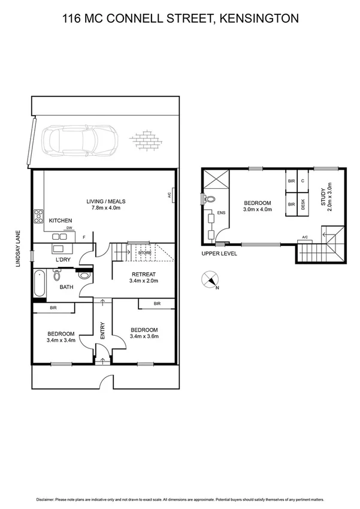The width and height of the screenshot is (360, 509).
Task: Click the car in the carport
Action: (75, 141)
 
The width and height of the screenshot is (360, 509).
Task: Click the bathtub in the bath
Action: (40, 284)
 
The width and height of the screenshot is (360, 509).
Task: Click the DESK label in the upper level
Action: (302, 204)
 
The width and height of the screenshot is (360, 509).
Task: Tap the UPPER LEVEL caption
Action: (220, 254)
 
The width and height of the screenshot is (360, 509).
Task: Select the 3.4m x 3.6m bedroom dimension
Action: (144, 337)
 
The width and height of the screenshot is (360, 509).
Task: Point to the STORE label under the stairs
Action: (144, 253)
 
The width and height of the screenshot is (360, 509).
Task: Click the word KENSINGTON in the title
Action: (259, 19)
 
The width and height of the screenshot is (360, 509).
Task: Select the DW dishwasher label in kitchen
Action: (69, 228)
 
